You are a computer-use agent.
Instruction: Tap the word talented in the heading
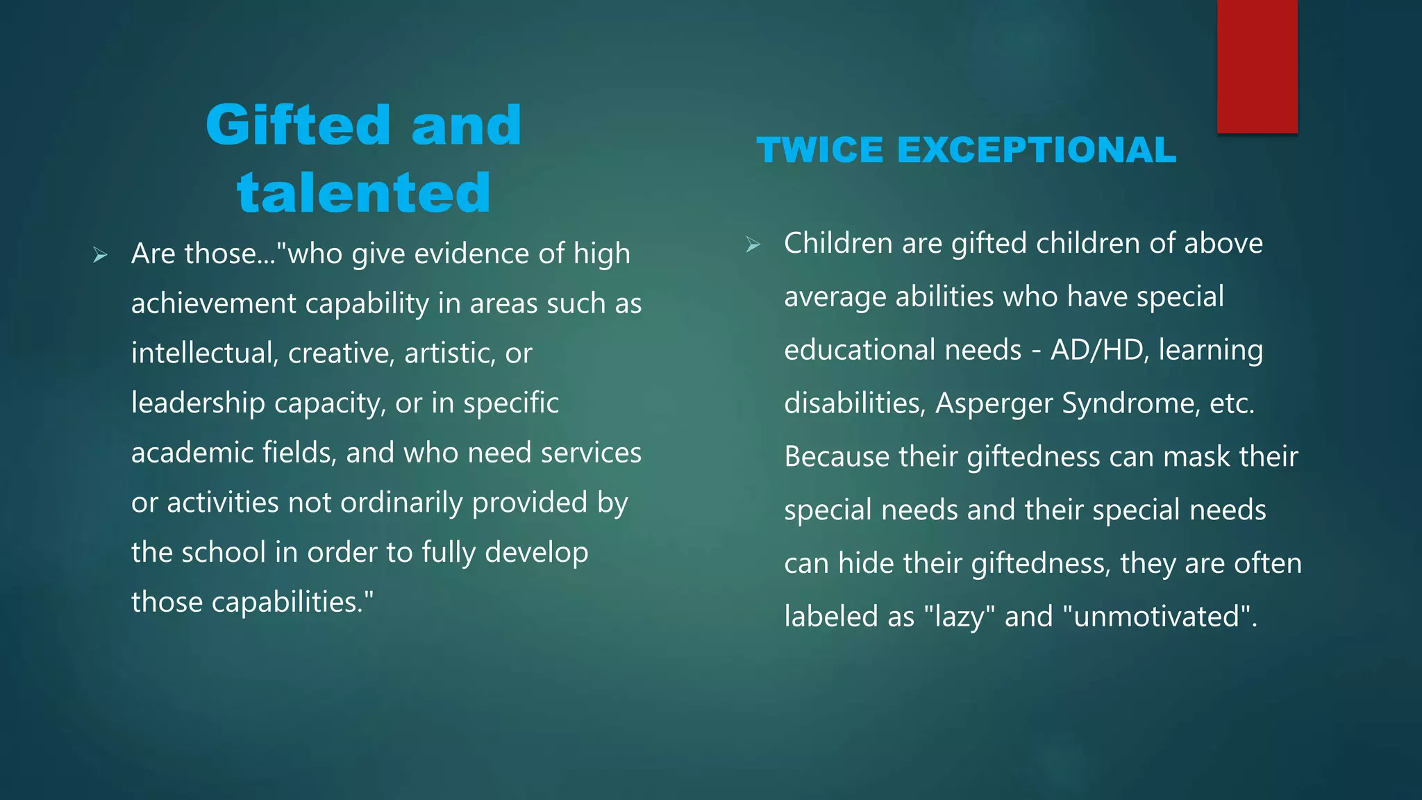coord(364,192)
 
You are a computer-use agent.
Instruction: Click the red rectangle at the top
coord(1257,66)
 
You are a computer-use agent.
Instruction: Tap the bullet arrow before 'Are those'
coord(100,256)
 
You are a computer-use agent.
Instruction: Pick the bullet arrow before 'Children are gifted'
coord(753,244)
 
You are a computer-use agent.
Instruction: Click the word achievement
coord(212,303)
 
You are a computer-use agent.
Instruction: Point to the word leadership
coord(198,403)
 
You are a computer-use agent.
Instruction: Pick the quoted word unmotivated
coord(1156,616)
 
